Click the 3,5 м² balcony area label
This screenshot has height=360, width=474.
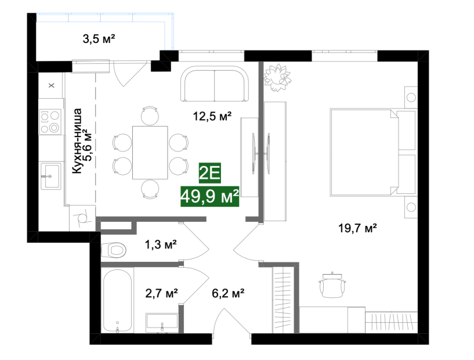[99, 39]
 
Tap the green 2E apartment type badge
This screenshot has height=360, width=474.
[210, 173]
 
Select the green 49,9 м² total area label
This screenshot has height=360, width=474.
[210, 196]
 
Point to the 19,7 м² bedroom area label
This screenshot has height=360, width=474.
[357, 228]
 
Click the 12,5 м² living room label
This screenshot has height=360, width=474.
[212, 116]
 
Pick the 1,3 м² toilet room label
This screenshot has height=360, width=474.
[161, 244]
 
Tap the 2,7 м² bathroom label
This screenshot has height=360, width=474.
[161, 293]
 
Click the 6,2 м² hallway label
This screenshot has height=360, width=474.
[228, 293]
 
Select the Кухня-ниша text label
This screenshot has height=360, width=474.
[77, 141]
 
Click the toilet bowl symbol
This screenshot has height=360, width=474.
[113, 250]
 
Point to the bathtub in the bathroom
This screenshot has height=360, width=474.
[117, 300]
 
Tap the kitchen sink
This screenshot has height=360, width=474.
[50, 176]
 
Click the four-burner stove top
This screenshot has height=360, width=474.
[50, 121]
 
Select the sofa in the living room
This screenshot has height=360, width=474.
[215, 84]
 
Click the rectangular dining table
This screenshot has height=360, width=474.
[150, 153]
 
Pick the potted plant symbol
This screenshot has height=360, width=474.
[277, 77]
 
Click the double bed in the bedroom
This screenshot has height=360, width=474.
[373, 153]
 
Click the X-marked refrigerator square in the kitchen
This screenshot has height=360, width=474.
[52, 85]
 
